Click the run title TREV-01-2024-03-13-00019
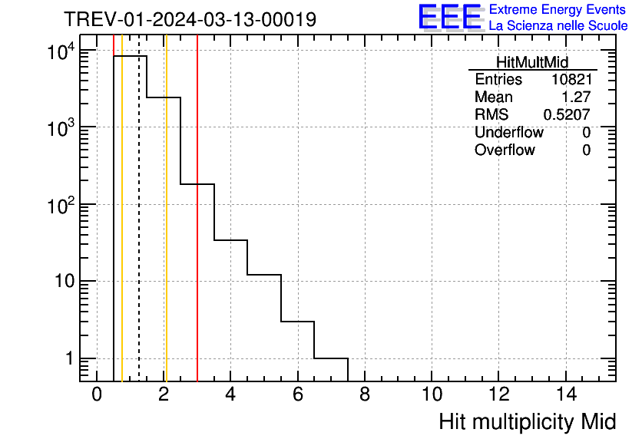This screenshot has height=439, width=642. [x=189, y=19]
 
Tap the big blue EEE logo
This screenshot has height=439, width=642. [x=449, y=16]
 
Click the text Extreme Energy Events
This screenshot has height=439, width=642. [x=558, y=9]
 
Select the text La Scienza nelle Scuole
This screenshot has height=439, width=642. [x=558, y=26]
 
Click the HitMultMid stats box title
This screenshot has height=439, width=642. [x=532, y=62]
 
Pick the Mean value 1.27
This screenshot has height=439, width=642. [x=577, y=97]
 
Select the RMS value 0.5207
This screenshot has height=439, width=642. [x=567, y=115]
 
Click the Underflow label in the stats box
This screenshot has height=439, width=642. [x=508, y=133]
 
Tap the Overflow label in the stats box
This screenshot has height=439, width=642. [x=505, y=150]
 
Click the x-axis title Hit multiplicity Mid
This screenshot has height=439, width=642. [x=527, y=422]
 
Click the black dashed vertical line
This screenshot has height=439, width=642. [x=139, y=230]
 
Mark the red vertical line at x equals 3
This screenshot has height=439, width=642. [x=197, y=230]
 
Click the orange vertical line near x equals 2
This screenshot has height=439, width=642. [x=166, y=230]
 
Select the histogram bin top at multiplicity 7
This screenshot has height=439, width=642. [x=331, y=358]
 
